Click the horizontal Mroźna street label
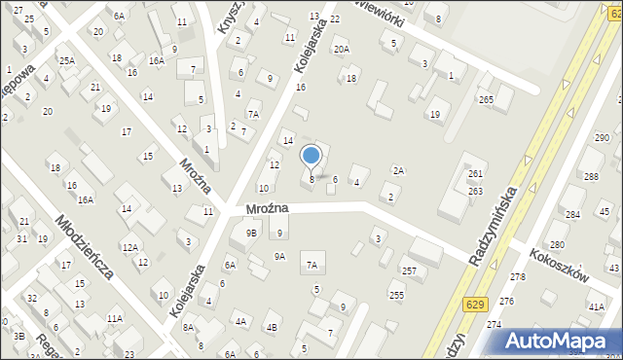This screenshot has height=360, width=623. pos(255,208)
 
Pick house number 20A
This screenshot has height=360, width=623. pos(341,49)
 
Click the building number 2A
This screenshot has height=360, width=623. pos(397,170)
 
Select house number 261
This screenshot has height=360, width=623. pos(475,174)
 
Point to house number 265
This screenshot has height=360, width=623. pos(486,100)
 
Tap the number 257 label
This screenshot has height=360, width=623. pos(409,270)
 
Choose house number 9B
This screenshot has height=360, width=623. pos(251,233)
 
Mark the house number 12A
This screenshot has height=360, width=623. pos(129,247)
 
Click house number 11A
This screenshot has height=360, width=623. pos(115,318)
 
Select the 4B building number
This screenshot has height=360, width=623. pos(273,327)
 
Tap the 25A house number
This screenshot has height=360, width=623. pos(66,60)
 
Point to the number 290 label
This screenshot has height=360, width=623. pos(603,139)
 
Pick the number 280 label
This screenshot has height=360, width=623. pos(557,245)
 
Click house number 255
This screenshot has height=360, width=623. pos(396,295)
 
